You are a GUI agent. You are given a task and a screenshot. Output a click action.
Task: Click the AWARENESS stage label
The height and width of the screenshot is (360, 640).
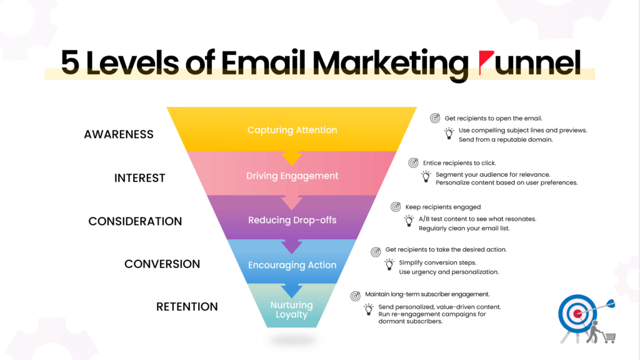point(119,134)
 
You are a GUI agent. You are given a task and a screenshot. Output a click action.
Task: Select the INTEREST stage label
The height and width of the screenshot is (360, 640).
point(139,178)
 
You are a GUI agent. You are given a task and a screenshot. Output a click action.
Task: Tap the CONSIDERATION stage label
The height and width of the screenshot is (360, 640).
point(135,221)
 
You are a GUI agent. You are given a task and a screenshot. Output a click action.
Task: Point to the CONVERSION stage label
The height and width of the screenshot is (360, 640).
point(162,264)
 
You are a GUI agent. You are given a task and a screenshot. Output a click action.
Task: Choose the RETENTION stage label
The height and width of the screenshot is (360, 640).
point(187,307)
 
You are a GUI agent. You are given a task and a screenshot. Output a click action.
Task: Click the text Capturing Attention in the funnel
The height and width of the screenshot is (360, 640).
point(292,130)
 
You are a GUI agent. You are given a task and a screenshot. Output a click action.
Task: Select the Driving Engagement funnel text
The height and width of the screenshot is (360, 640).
point(292,176)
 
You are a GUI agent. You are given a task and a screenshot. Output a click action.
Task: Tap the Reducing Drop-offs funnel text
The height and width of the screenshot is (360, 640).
point(292,220)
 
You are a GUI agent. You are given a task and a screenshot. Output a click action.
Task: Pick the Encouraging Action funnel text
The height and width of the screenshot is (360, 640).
point(292,265)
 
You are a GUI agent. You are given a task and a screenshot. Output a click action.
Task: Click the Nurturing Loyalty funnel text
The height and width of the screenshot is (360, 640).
point(292,310)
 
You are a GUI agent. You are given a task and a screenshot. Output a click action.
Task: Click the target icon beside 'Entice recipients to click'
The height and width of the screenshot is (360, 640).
point(413,163)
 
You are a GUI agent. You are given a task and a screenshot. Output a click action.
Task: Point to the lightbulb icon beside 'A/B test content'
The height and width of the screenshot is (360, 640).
point(409,220)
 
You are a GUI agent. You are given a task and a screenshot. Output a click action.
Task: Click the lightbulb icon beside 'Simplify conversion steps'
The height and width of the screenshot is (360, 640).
point(389,264)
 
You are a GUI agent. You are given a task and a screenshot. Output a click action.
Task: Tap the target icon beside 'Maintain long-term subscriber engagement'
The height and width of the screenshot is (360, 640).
point(355,294)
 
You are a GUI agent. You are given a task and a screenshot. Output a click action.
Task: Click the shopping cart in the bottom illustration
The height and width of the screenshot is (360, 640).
point(607,337)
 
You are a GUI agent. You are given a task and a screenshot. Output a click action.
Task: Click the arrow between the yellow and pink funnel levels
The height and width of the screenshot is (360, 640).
point(292,157)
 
